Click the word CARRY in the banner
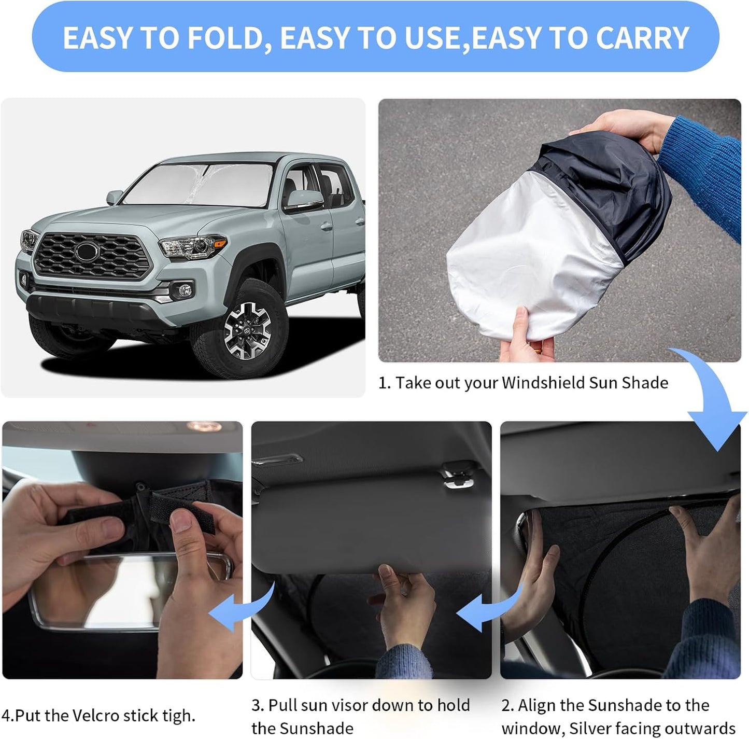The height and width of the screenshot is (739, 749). [642, 38]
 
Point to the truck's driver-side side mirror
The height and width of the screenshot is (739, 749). [301, 200]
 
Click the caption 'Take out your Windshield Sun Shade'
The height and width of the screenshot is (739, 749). [531, 383]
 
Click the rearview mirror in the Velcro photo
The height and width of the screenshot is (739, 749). [130, 591]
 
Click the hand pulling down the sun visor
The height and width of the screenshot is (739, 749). [404, 602]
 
